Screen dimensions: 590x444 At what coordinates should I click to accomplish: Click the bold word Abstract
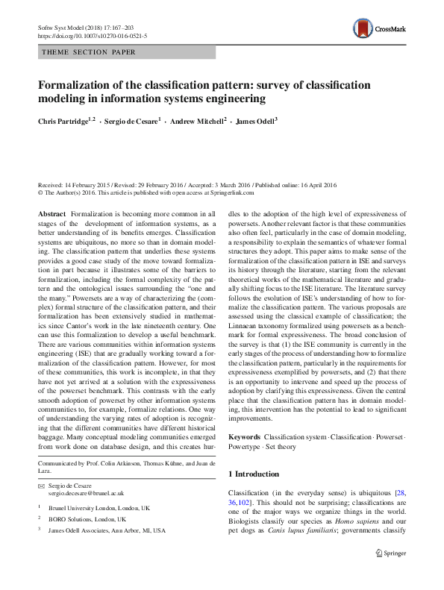(51, 214)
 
